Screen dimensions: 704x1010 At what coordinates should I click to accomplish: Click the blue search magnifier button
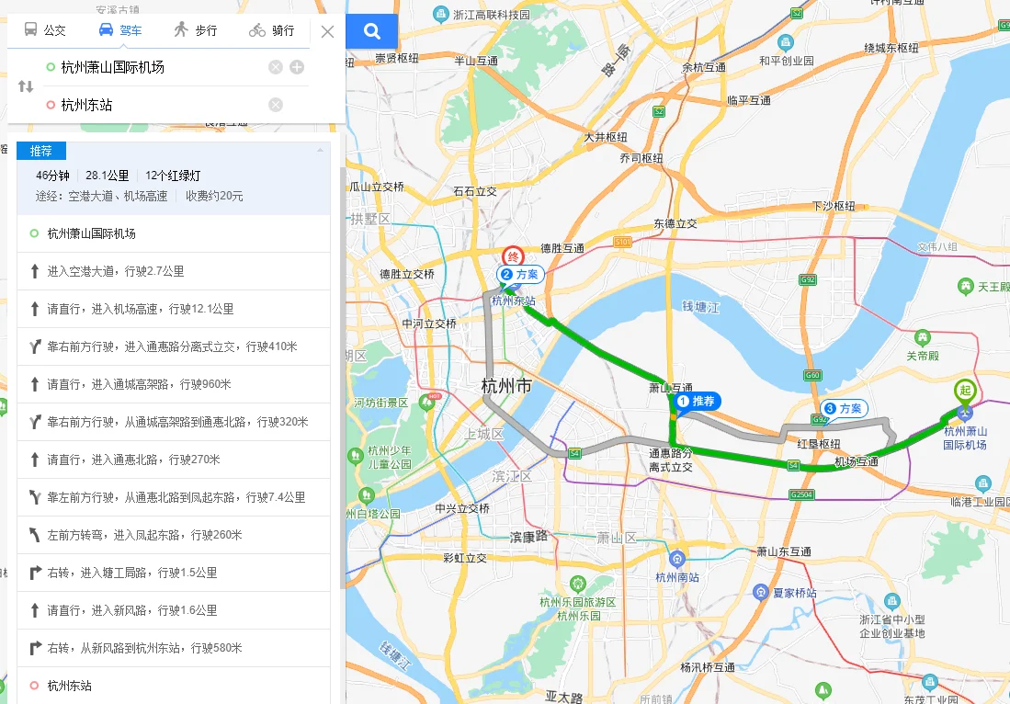tap(372, 32)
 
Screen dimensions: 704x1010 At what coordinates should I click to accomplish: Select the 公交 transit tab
tap(45, 30)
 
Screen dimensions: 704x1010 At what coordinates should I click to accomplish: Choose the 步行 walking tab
tap(195, 30)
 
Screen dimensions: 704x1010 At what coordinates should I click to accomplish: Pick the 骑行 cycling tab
tap(271, 30)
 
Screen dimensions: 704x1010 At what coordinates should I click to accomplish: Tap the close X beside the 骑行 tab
tap(327, 32)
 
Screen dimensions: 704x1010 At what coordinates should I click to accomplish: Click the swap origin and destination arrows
tap(26, 86)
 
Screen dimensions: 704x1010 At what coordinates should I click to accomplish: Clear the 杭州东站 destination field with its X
tap(276, 105)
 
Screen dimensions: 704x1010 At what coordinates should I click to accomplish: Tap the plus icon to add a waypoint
tap(297, 67)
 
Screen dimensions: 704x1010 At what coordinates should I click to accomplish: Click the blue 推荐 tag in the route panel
tap(41, 151)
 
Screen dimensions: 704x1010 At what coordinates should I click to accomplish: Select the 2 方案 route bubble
tap(521, 274)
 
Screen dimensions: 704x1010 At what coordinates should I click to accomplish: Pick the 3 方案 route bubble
tap(844, 408)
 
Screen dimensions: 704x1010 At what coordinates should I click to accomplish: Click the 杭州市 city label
tap(506, 387)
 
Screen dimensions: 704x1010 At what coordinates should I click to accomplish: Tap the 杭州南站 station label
tap(677, 577)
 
